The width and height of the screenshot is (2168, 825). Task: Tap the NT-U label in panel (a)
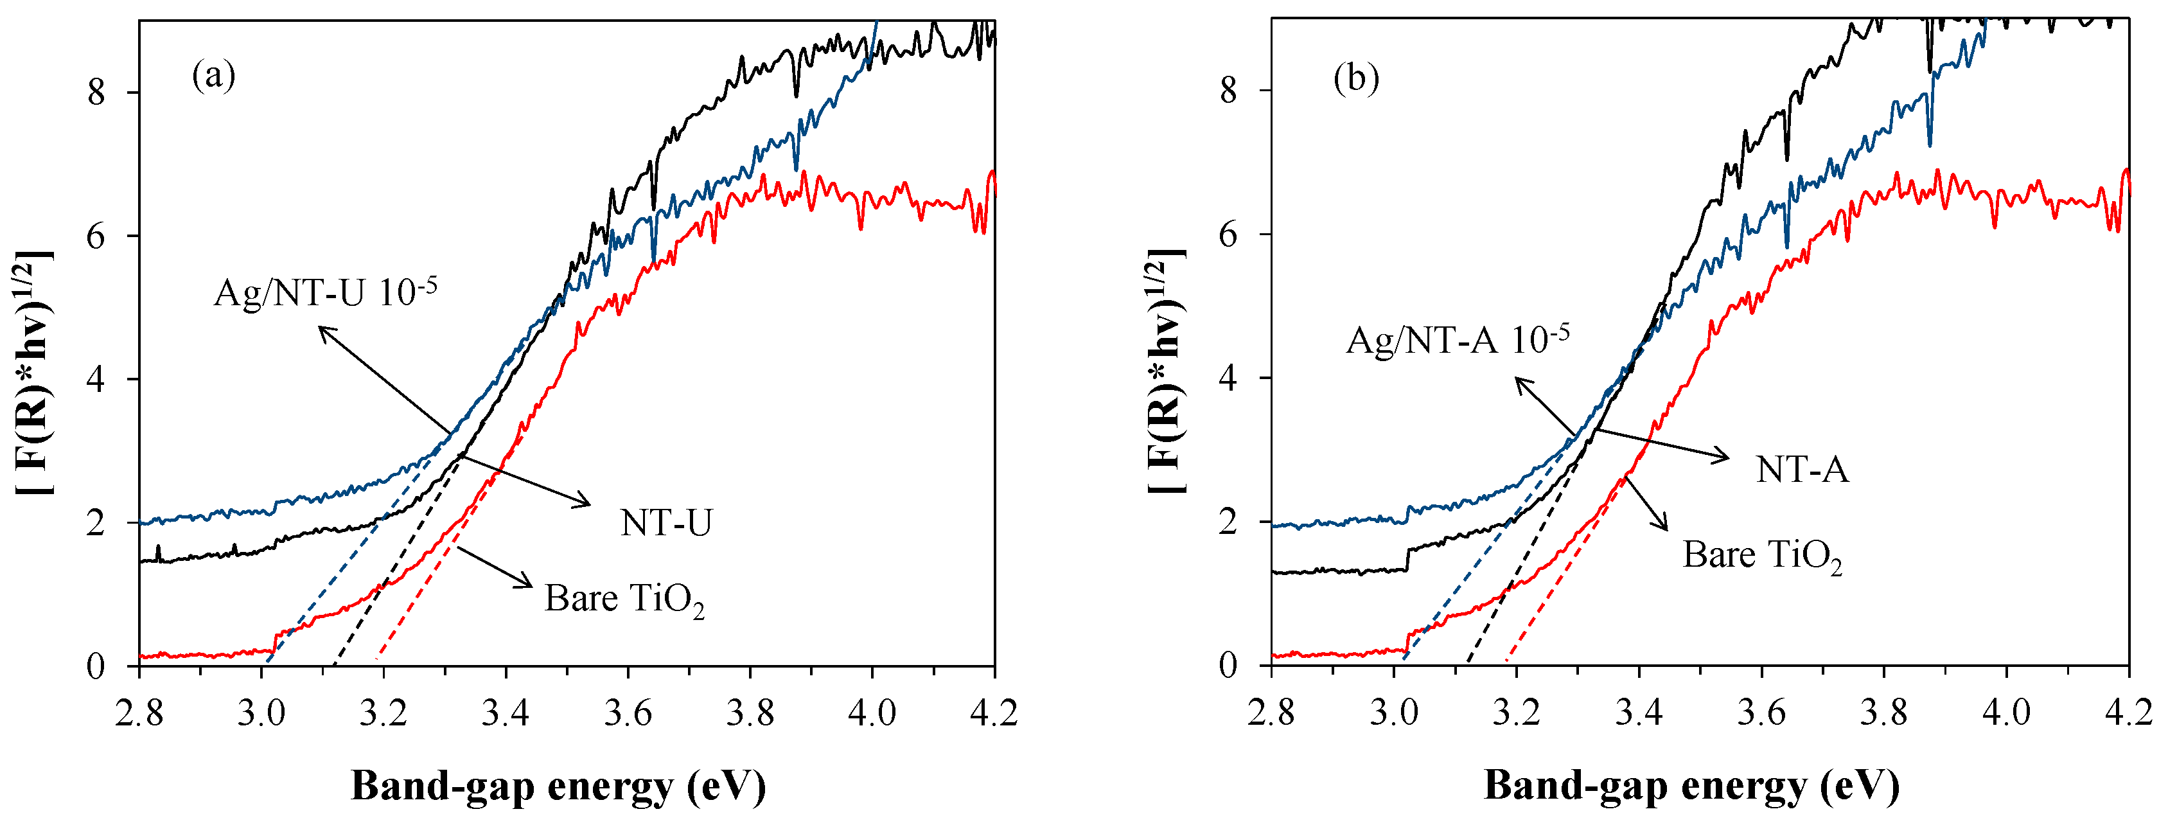[665, 523]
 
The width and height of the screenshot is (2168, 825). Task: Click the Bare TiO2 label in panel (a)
[624, 599]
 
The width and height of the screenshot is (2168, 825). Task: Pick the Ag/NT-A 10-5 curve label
[1457, 340]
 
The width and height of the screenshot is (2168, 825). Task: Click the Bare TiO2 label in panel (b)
[1761, 556]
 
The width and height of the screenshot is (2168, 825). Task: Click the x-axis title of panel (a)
[558, 786]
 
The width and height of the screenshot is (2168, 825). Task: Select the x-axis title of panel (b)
[1691, 786]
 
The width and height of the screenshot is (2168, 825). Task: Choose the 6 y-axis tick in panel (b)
[1229, 234]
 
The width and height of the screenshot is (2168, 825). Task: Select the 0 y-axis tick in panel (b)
[1229, 665]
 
